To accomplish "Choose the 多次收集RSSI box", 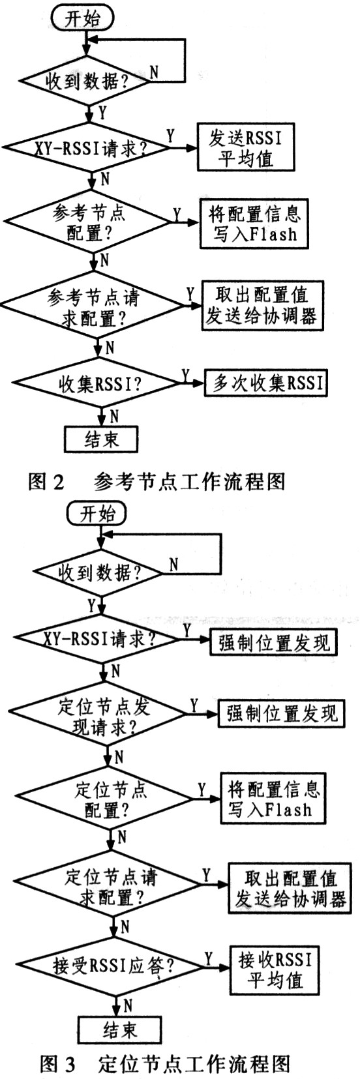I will tap(265, 383).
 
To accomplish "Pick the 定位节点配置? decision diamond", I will tap(108, 799).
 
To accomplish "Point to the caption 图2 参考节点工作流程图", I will tap(157, 482).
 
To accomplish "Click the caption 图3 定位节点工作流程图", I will tap(164, 1065).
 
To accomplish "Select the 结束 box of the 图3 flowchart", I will tap(119, 1029).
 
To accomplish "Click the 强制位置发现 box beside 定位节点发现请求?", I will tap(282, 713).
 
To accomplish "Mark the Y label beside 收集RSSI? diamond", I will tap(185, 375).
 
